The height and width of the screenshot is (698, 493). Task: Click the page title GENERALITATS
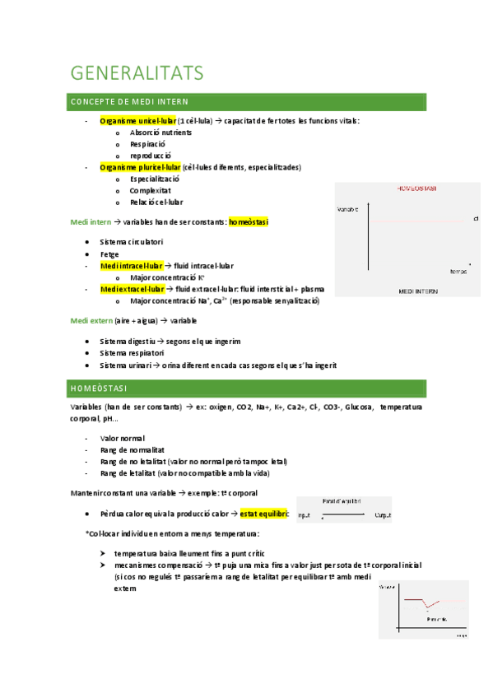point(137,73)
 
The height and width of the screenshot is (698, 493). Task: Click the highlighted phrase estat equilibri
point(263,514)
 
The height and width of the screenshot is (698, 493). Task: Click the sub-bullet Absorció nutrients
point(160,133)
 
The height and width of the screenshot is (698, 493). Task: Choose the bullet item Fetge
point(109,254)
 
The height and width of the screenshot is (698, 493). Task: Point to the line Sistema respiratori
point(132,353)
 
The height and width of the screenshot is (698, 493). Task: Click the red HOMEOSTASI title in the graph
point(416,188)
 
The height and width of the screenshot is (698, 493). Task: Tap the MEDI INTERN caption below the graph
point(417,291)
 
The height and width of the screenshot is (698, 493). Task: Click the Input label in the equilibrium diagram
point(305,515)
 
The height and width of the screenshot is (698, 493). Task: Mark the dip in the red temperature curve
point(427,607)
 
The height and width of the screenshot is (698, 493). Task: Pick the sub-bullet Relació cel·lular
point(156,202)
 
